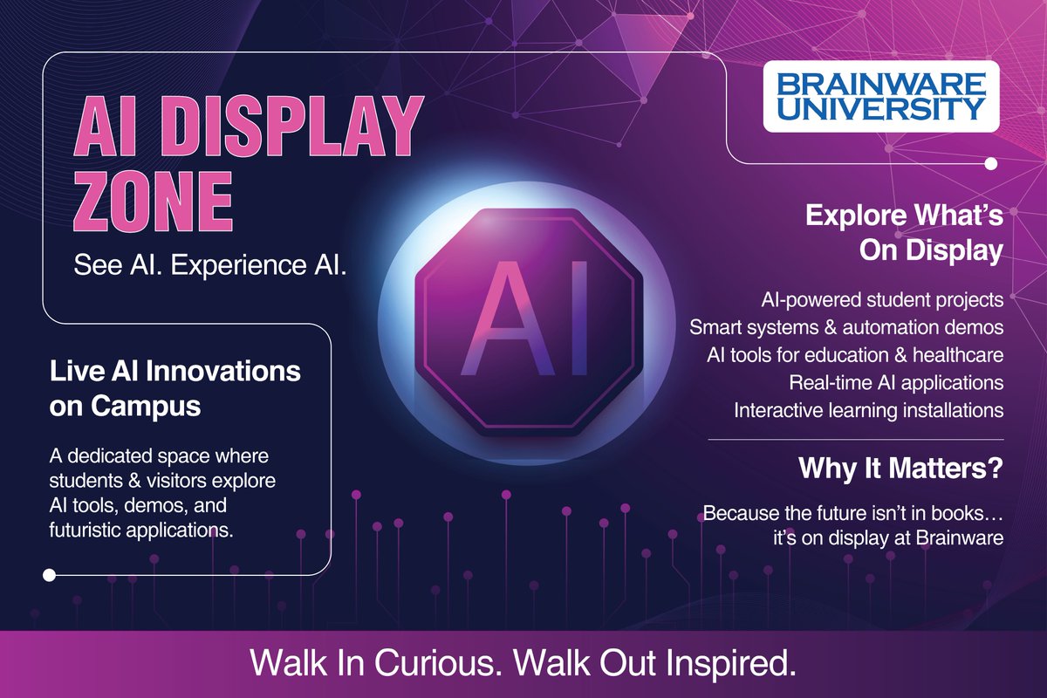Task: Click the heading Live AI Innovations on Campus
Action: pyautogui.click(x=175, y=387)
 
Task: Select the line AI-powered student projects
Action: pyautogui.click(x=882, y=301)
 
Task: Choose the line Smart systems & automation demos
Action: pyautogui.click(x=846, y=328)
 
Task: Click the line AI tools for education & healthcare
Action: pyautogui.click(x=855, y=355)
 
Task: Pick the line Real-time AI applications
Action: pyautogui.click(x=896, y=382)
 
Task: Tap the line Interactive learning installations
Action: pyautogui.click(x=869, y=409)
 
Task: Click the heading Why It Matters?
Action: pyautogui.click(x=901, y=469)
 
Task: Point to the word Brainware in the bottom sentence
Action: pyautogui.click(x=960, y=538)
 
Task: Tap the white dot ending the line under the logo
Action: pyautogui.click(x=990, y=163)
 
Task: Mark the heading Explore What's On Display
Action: pyautogui.click(x=904, y=232)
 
